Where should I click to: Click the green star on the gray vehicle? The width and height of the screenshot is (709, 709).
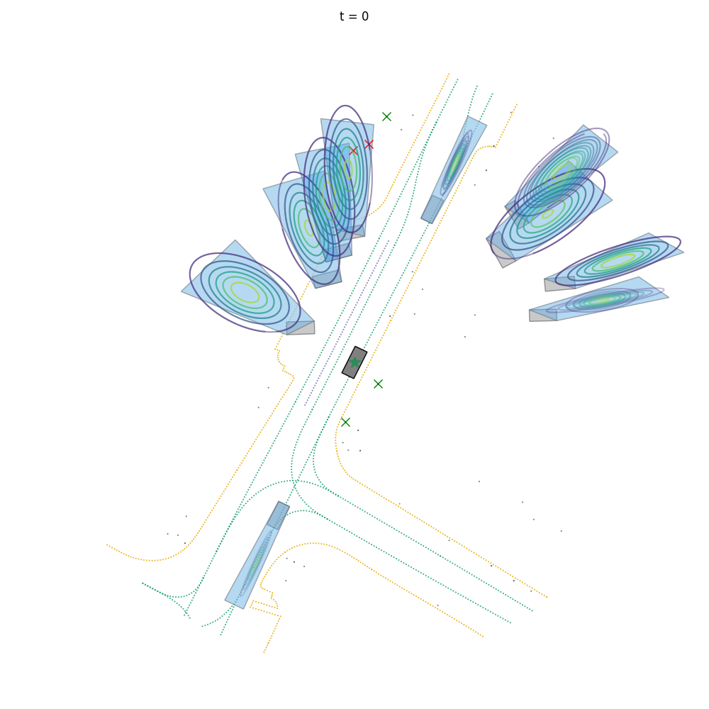[x=355, y=362]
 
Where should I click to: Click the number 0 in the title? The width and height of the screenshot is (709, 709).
[x=365, y=16]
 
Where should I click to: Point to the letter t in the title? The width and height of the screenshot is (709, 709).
[x=342, y=16]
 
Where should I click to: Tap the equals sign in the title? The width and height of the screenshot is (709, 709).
[x=353, y=17]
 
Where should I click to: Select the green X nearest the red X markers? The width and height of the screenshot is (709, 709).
[x=386, y=117]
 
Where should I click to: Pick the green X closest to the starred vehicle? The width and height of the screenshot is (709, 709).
[x=379, y=384]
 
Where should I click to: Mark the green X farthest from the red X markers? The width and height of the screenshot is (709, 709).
[x=345, y=423]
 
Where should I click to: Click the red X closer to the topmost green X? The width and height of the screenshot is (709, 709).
[x=369, y=144]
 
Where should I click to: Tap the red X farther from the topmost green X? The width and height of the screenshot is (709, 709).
[x=353, y=150]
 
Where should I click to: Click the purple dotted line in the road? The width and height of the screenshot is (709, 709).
[x=347, y=323]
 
